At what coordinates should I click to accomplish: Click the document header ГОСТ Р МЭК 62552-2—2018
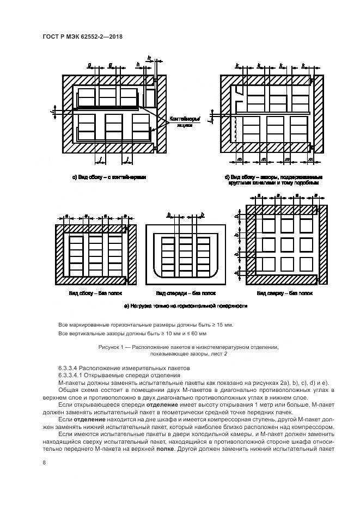coord(82,36)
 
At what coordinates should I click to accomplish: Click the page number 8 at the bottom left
coord(44,462)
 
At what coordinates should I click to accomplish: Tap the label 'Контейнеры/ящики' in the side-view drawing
coord(185,121)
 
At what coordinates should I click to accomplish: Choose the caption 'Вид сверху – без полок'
coord(287,293)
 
